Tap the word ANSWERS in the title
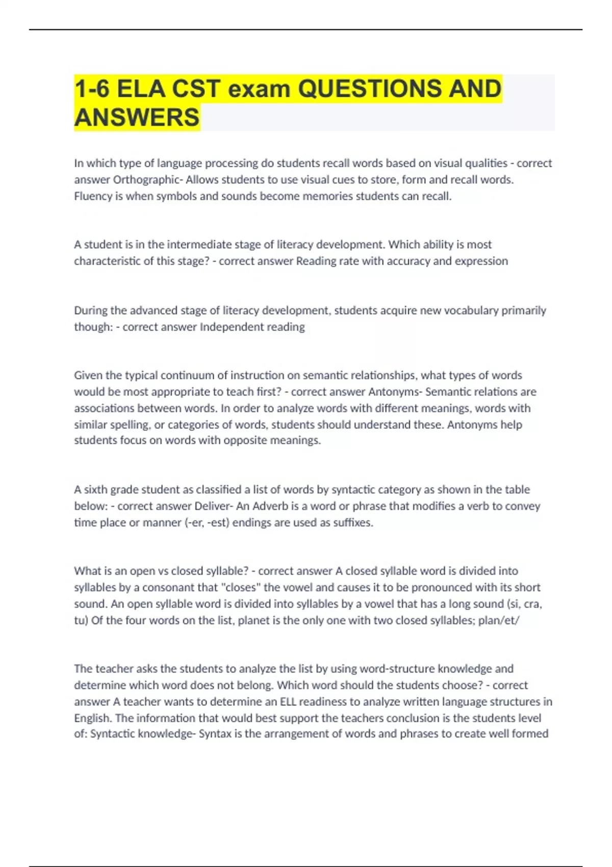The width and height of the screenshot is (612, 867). click(137, 117)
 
